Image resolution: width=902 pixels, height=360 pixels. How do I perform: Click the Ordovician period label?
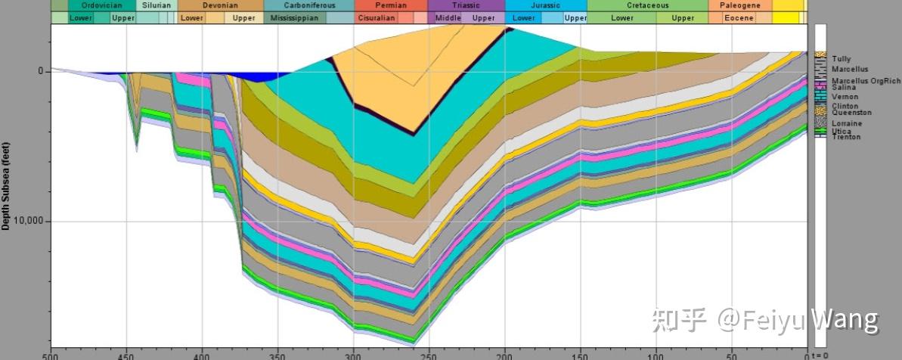101,5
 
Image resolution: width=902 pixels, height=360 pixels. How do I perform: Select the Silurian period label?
157,5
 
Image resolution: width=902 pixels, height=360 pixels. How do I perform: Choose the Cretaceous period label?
647,5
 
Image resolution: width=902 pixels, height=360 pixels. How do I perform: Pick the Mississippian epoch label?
295,17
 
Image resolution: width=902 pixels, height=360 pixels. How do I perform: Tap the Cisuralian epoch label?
377,17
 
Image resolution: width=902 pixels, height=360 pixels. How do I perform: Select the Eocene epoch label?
739,17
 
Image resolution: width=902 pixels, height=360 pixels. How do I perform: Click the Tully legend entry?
841,58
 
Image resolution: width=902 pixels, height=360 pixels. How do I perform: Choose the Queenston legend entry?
851,113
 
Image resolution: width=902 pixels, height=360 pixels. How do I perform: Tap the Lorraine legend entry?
847,123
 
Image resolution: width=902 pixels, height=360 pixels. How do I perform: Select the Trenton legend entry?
846,137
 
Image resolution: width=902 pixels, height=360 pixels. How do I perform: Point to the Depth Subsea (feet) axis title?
6,185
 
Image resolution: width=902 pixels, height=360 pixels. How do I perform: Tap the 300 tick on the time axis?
353,355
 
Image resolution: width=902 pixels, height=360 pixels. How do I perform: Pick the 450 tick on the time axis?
126,355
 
